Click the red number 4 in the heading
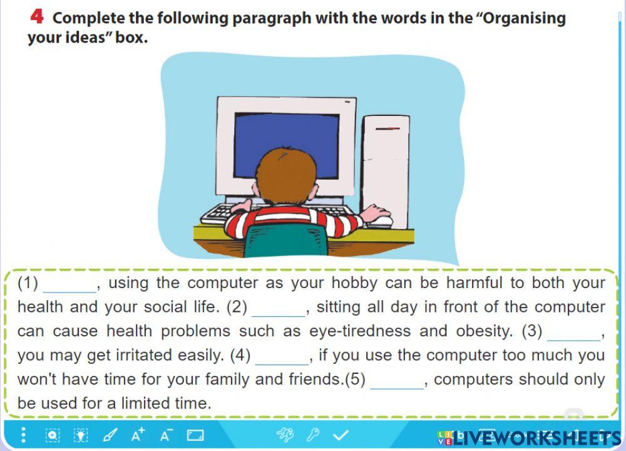coord(37,17)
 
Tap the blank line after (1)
coord(70,292)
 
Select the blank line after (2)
coord(279,316)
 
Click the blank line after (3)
coord(573,340)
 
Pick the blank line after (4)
coord(282,364)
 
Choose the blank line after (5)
coord(397,388)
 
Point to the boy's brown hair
coord(285,176)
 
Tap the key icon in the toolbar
coord(313,435)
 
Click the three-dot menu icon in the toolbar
coord(24,435)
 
